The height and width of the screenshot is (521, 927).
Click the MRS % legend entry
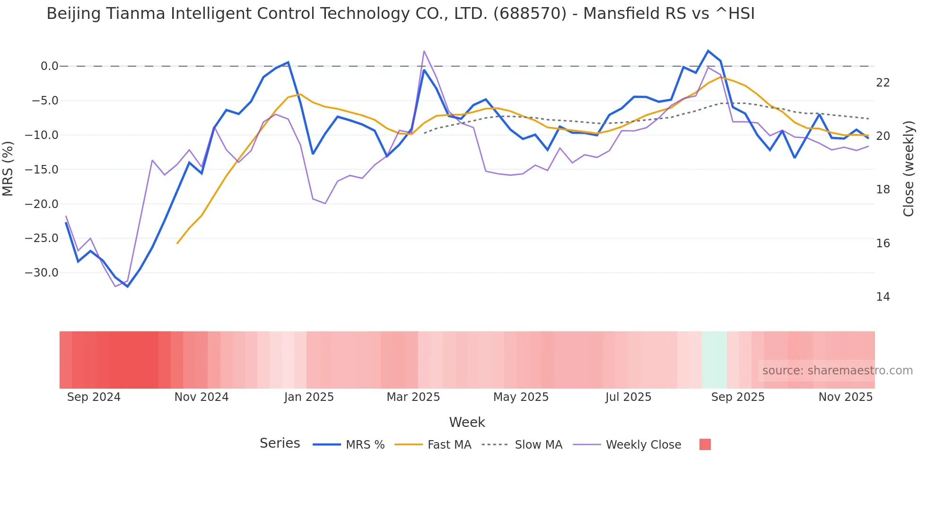349,445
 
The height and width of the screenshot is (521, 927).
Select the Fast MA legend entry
433,445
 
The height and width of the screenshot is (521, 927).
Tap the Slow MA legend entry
522,445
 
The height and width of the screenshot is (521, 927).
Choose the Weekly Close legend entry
627,445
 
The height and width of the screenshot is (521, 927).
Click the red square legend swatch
705,444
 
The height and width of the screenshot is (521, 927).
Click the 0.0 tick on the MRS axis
49,66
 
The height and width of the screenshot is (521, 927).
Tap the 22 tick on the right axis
883,83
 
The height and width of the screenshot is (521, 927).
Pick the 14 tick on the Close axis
883,297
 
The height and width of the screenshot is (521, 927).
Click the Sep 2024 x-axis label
94,397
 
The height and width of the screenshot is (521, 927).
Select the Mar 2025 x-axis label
413,397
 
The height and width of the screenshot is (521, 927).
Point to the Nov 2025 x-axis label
845,397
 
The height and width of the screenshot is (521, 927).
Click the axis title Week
467,422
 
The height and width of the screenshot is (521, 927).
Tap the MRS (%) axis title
8,168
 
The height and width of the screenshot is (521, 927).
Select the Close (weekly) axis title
908,168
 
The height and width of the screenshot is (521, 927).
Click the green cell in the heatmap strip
714,360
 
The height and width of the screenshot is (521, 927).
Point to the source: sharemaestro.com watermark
837,371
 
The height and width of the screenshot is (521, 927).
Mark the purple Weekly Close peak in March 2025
424,51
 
